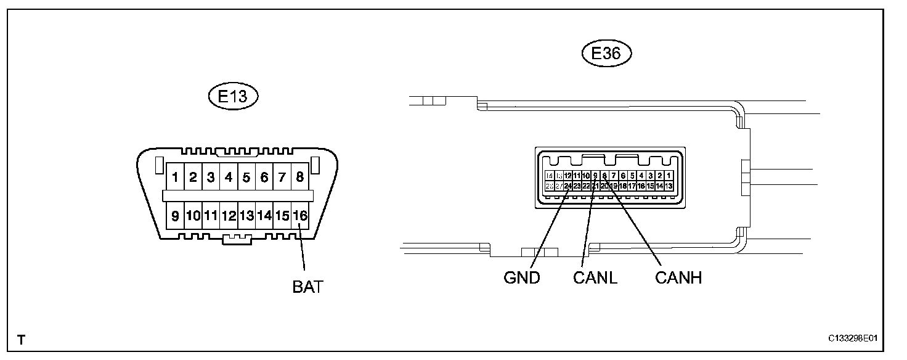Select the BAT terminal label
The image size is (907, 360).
307,287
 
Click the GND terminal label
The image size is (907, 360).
521,277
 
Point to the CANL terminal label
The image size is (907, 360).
595,277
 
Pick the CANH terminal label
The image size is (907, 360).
678,277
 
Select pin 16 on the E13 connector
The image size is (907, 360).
299,216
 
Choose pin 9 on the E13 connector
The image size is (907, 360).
176,216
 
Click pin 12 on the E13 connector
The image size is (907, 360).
229,216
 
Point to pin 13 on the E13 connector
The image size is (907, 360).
246,216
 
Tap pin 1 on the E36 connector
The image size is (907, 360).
669,176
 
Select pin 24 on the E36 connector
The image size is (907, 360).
568,186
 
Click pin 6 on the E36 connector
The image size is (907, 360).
623,176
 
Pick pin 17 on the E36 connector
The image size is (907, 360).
632,186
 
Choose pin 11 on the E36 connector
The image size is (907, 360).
577,176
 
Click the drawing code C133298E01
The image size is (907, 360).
853,339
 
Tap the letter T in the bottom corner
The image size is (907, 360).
21,340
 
